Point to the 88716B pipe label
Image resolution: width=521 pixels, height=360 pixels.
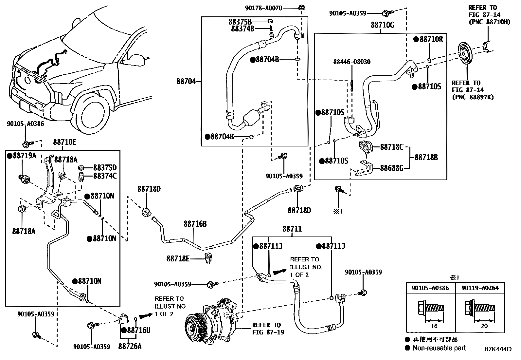pos(195,224)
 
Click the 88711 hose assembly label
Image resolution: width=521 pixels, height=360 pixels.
pos(292,229)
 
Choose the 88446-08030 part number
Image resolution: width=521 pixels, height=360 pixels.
pos(352,62)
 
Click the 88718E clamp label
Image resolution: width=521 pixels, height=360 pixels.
pos(178,259)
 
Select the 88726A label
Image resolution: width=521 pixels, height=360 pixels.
pos(130,346)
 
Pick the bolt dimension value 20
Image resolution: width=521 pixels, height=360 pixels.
pos(484,326)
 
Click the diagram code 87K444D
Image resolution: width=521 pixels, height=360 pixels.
pos(498,349)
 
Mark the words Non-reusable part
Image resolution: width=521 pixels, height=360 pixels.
pos(439,348)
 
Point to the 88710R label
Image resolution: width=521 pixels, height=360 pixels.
pos(431,39)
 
